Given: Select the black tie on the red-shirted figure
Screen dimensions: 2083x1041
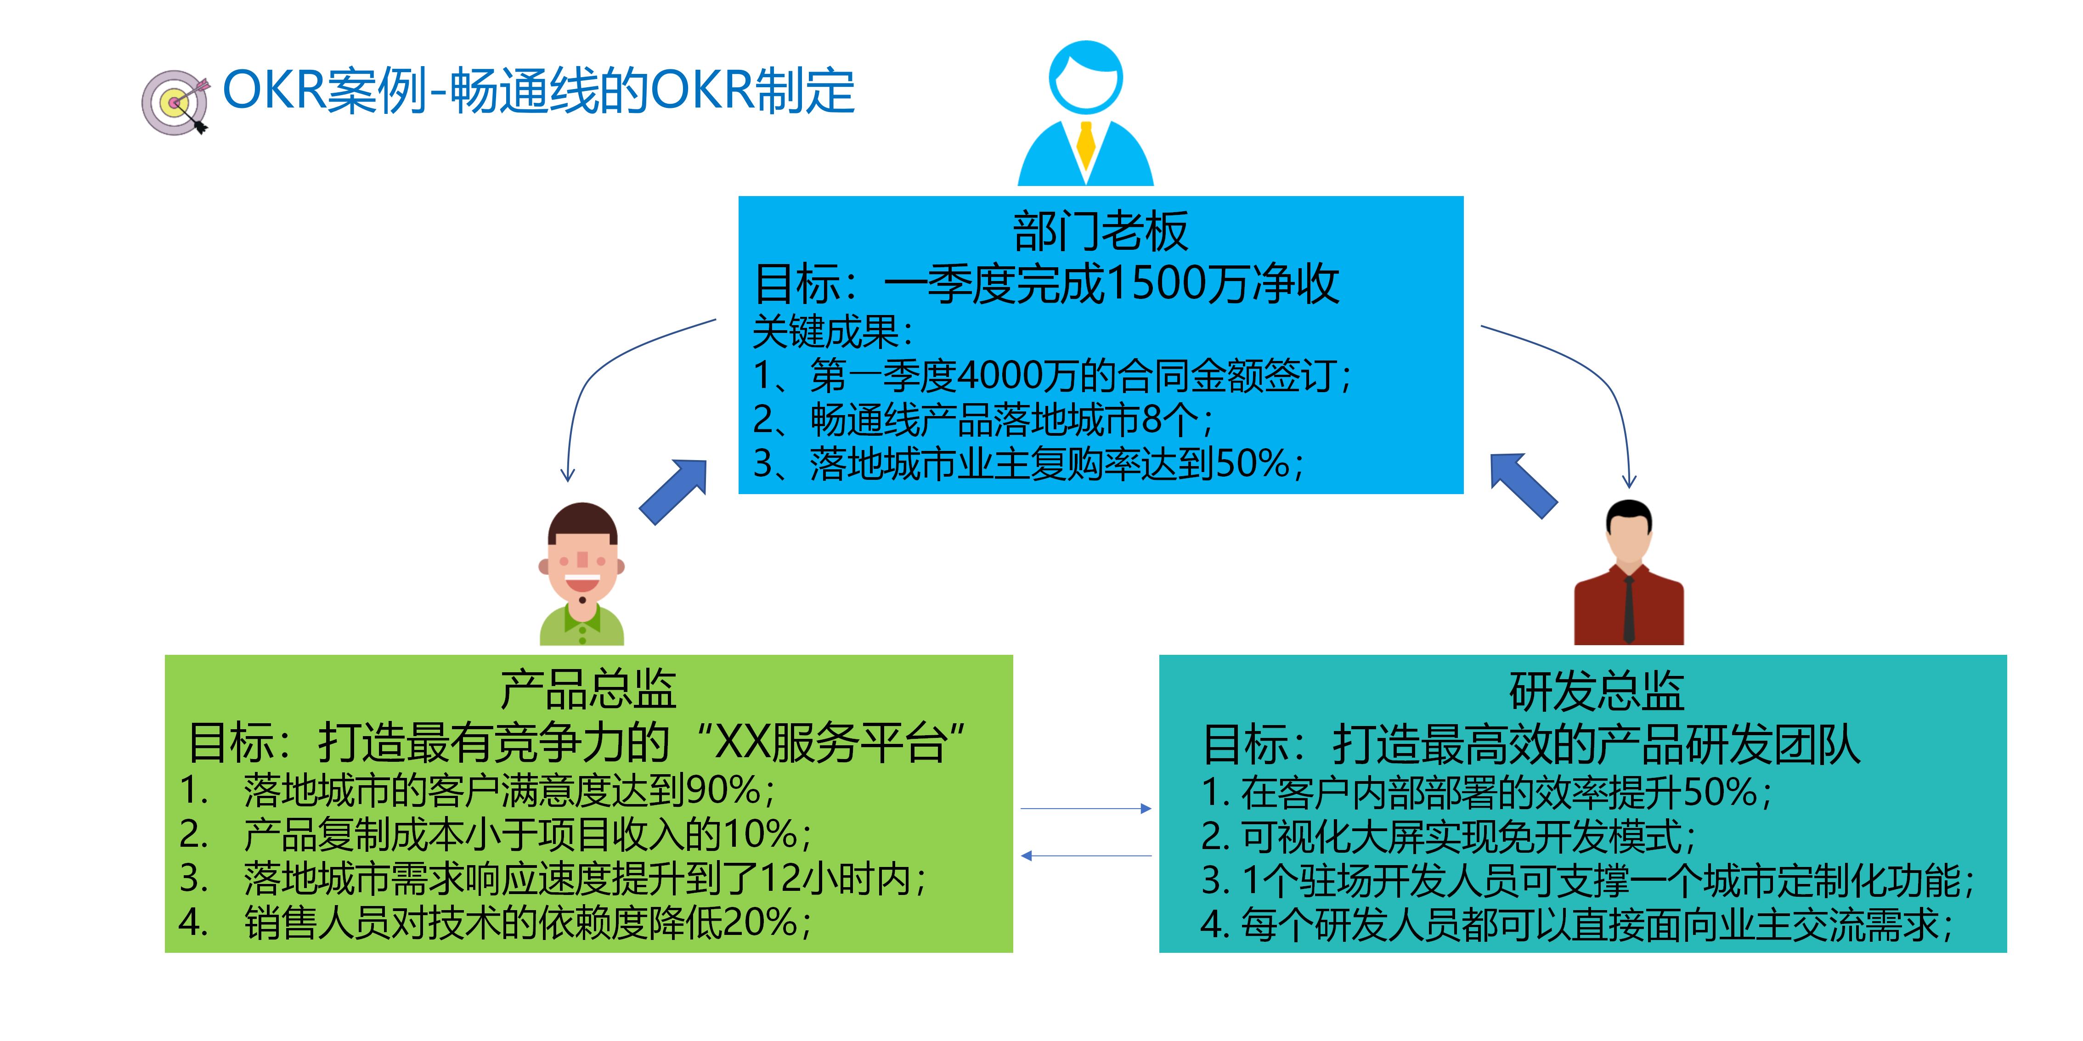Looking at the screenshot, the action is pyautogui.click(x=1629, y=606).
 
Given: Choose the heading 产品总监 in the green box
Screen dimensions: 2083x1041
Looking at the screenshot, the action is pyautogui.click(x=588, y=689).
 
